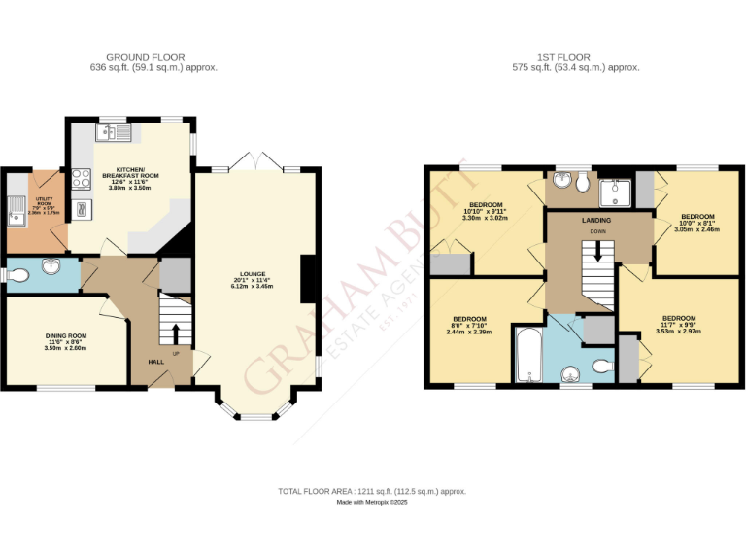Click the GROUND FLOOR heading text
click(145, 57)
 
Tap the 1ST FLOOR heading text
click(576, 57)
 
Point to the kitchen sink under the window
click(113, 133)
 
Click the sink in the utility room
click(17, 206)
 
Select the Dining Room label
click(66, 336)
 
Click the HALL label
click(155, 362)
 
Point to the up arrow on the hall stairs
click(176, 332)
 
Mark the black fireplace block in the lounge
click(309, 278)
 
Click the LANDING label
click(596, 221)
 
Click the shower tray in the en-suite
click(615, 193)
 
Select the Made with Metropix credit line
click(373, 503)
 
